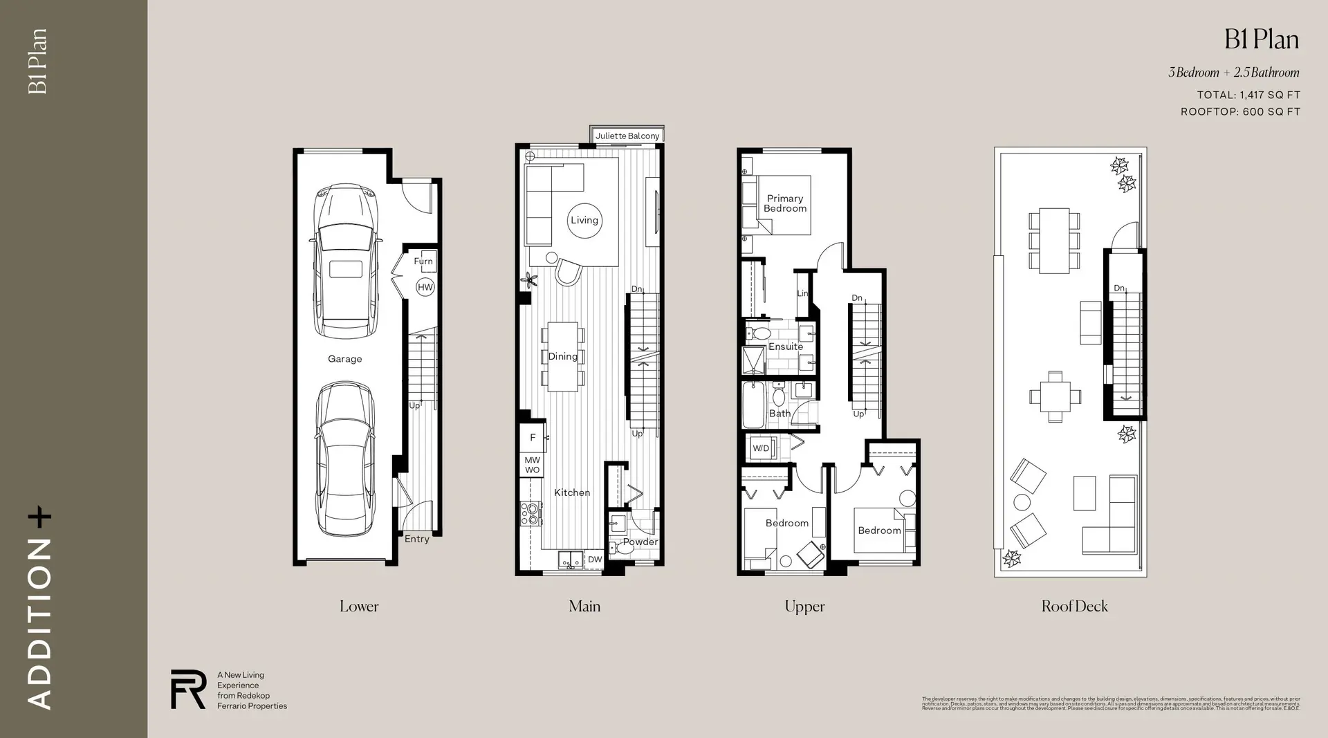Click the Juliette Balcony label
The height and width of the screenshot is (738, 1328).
(627, 136)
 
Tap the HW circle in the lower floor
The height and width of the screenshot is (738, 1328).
(425, 287)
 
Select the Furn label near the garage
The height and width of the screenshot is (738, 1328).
(423, 261)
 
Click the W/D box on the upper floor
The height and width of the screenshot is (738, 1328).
(761, 448)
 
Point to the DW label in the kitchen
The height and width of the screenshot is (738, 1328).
(595, 560)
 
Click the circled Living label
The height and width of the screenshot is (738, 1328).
(584, 220)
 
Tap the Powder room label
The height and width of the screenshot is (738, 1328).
(640, 542)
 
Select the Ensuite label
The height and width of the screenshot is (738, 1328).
(786, 347)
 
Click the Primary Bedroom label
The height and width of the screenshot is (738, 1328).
(785, 203)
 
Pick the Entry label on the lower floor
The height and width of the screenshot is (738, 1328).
(416, 539)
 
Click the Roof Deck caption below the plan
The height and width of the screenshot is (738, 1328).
(1074, 607)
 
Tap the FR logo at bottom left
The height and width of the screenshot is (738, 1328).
(188, 689)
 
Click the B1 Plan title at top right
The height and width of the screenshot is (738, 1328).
(1261, 40)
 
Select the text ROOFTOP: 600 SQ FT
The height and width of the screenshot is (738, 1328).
(1240, 111)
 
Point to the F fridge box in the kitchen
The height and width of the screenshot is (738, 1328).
(533, 437)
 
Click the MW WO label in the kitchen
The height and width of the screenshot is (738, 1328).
(532, 465)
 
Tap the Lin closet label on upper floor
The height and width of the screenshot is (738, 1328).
(802, 293)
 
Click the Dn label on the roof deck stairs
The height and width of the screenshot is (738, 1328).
(1119, 288)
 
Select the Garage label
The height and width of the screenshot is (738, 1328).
(344, 359)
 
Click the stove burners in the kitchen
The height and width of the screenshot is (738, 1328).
(531, 513)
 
